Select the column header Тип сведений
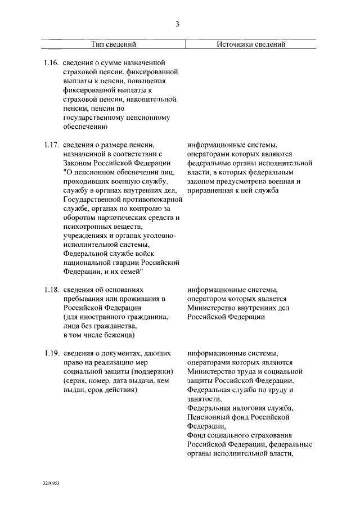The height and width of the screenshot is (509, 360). point(114,44)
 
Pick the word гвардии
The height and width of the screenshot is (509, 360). point(124,263)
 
